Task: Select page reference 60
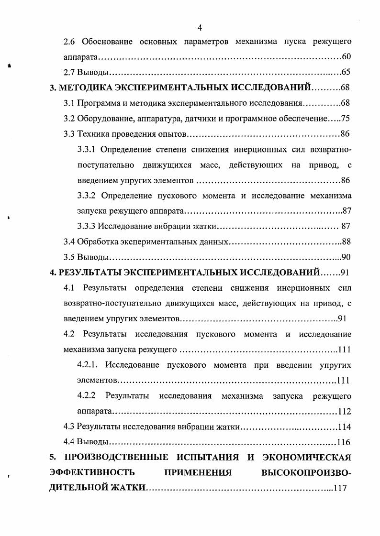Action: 346,57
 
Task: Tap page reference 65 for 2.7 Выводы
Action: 346,73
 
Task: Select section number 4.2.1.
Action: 88,365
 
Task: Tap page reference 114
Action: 344,427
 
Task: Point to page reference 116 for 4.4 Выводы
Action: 344,442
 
